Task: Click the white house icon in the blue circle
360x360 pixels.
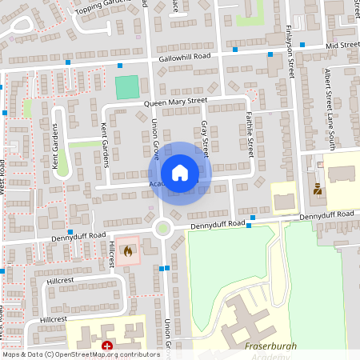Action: click(x=180, y=173)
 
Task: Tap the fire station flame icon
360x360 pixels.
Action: click(x=128, y=250)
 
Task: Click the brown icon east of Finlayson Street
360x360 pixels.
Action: click(x=318, y=190)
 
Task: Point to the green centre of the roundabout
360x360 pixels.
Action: click(x=163, y=229)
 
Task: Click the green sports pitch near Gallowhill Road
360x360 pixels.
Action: click(x=126, y=87)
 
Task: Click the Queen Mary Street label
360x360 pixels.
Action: click(x=175, y=102)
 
